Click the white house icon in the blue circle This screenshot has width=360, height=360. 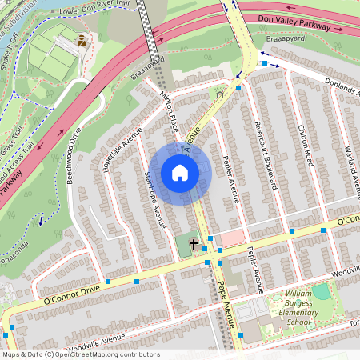click(180, 173)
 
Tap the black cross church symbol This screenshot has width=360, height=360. click(194, 242)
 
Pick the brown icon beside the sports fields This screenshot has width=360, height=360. click(80, 39)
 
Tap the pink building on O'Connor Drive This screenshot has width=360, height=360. click(232, 238)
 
